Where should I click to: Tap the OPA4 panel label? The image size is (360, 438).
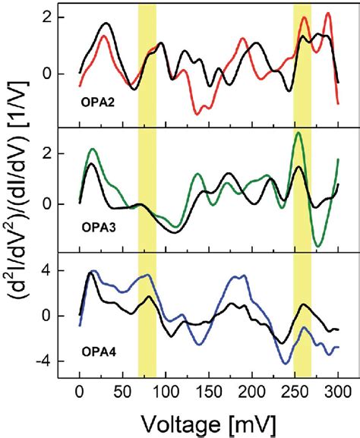click(100, 354)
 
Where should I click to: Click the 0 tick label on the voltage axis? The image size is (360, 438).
click(80, 392)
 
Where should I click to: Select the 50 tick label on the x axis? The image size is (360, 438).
click(122, 392)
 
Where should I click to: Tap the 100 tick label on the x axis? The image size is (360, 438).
click(165, 392)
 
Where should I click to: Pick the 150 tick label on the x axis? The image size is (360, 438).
click(208, 392)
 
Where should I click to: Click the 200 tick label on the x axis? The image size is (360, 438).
click(251, 392)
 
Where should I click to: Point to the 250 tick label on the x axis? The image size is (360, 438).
click(294, 392)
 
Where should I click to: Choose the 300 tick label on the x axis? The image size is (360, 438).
click(336, 392)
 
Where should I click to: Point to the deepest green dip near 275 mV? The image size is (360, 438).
click(318, 245)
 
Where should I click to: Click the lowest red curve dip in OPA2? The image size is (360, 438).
click(199, 113)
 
